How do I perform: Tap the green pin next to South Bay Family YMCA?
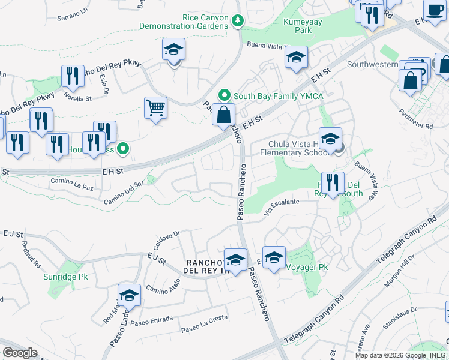(224, 95)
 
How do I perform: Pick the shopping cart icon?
(155, 108)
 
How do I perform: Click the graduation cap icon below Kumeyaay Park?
(296, 57)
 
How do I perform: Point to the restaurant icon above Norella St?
(73, 76)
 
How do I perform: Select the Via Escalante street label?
(282, 207)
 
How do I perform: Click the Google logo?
(20, 352)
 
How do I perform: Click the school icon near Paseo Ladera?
(129, 295)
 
